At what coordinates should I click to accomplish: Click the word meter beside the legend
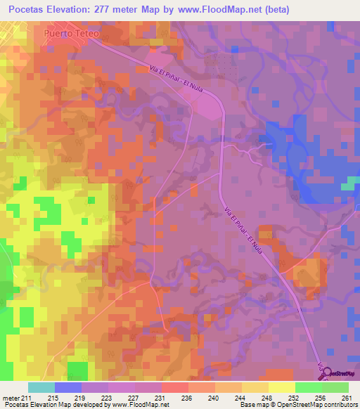click(x=9, y=397)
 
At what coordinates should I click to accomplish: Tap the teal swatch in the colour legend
click(x=41, y=387)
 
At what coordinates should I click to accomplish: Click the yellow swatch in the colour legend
click(x=281, y=387)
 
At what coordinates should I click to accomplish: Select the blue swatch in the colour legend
click(x=67, y=387)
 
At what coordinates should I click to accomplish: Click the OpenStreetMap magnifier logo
click(x=328, y=374)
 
